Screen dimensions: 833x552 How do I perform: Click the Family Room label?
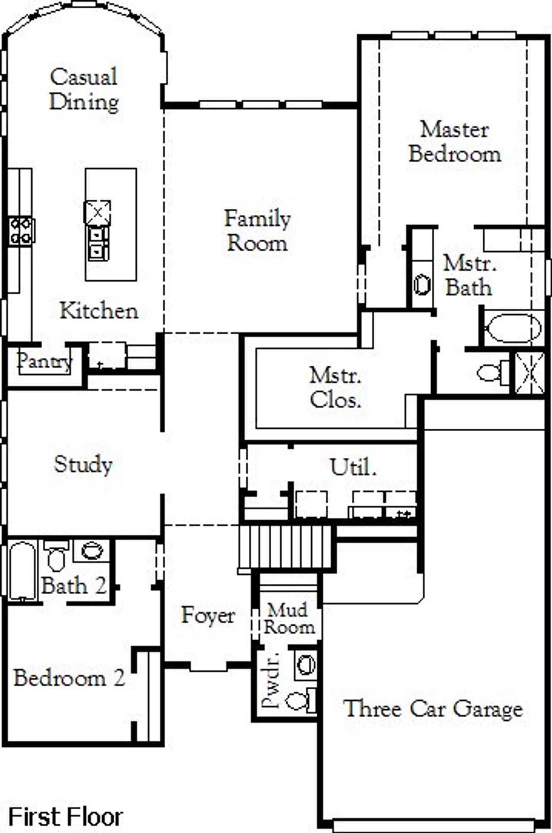257,231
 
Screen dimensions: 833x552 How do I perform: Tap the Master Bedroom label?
455,142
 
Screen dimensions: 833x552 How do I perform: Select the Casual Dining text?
84,89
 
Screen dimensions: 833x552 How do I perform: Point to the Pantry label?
44,361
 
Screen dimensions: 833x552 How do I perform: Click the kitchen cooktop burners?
21,231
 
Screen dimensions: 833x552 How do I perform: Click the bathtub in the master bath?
513,329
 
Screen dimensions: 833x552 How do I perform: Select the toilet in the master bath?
492,372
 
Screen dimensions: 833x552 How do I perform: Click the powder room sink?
306,664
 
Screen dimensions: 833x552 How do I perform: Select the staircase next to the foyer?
285,547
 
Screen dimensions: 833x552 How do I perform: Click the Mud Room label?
289,618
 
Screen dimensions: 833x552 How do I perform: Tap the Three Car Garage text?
433,708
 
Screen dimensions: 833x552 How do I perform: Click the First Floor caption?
66,816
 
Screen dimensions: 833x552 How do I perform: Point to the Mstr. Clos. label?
335,388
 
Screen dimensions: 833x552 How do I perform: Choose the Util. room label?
352,467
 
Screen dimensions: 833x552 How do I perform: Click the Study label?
83,464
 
